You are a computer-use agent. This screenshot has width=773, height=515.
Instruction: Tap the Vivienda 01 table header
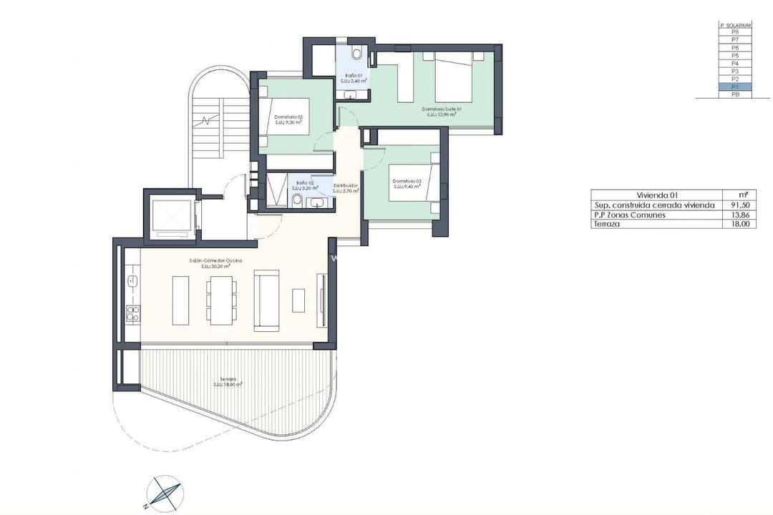pos(657,195)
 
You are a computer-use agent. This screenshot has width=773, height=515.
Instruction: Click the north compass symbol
pos(164,494)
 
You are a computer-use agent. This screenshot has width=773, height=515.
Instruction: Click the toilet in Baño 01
pos(357,53)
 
